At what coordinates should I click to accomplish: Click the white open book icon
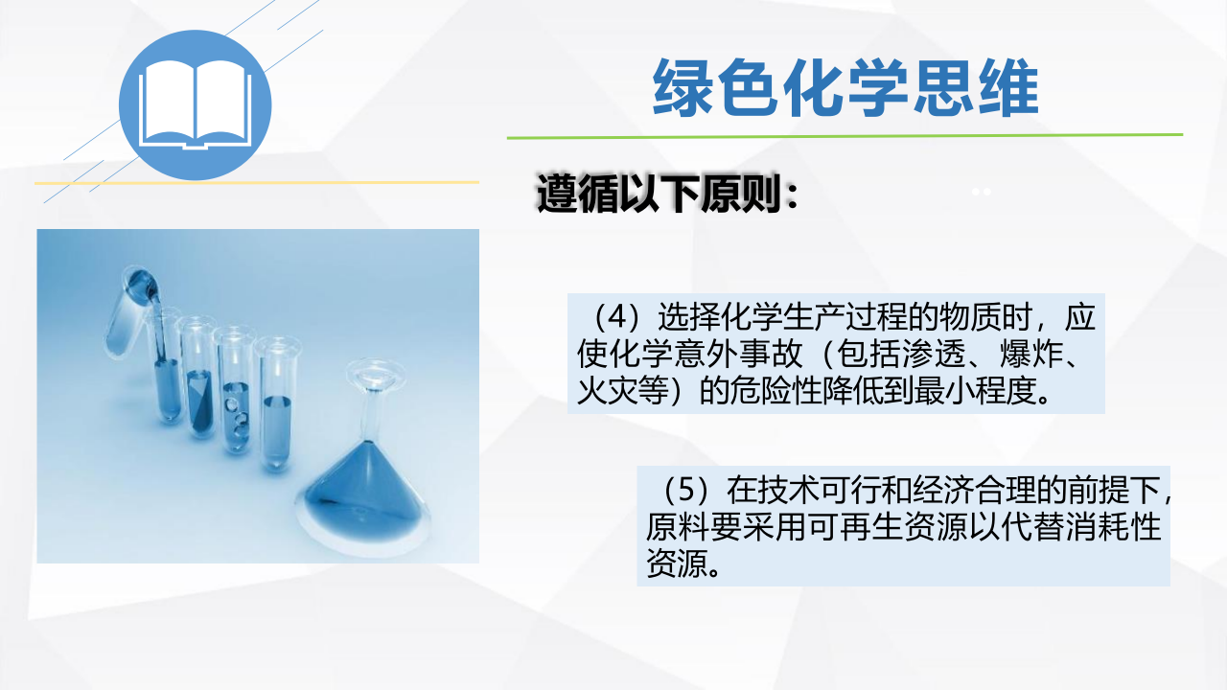click(x=195, y=104)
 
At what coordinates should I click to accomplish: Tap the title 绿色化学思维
click(x=845, y=88)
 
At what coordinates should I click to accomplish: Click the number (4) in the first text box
click(x=617, y=317)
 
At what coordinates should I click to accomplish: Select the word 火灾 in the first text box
click(x=608, y=390)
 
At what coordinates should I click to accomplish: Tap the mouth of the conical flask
click(x=375, y=373)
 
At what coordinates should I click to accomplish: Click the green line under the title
click(x=845, y=136)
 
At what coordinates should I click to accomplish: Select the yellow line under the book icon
click(x=256, y=182)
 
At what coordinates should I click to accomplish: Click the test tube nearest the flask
click(x=277, y=402)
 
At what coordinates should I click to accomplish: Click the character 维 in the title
click(x=1008, y=88)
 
